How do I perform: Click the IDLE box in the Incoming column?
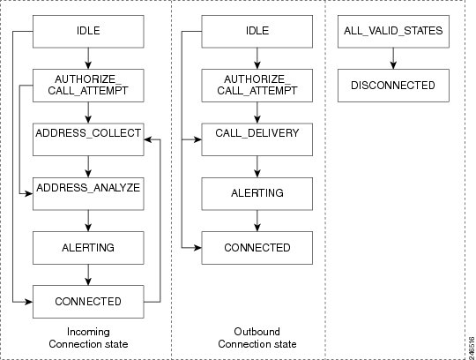pos(88,32)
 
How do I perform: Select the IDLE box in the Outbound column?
pos(257,32)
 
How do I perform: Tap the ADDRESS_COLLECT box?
pos(88,139)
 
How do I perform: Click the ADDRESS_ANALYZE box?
pos(88,194)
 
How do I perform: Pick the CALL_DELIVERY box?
pos(257,139)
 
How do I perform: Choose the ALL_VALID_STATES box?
pos(393,32)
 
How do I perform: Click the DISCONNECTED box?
pos(393,86)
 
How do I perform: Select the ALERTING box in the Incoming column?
pos(88,248)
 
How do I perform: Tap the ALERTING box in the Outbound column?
pos(257,194)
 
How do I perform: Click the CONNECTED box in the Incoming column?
pos(88,302)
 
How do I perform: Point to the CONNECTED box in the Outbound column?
pos(257,248)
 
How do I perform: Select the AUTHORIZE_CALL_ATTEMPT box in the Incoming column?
pos(88,86)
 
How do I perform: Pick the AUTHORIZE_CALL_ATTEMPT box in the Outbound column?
pos(257,86)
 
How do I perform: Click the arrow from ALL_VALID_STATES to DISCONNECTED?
pos(393,58)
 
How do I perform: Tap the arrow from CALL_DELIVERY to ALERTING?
pos(257,167)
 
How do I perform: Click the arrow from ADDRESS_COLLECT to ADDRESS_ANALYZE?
pos(88,167)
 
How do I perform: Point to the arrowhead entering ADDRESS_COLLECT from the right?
pos(148,139)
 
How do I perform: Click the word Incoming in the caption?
pos(88,332)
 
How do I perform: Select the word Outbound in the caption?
pos(257,332)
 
